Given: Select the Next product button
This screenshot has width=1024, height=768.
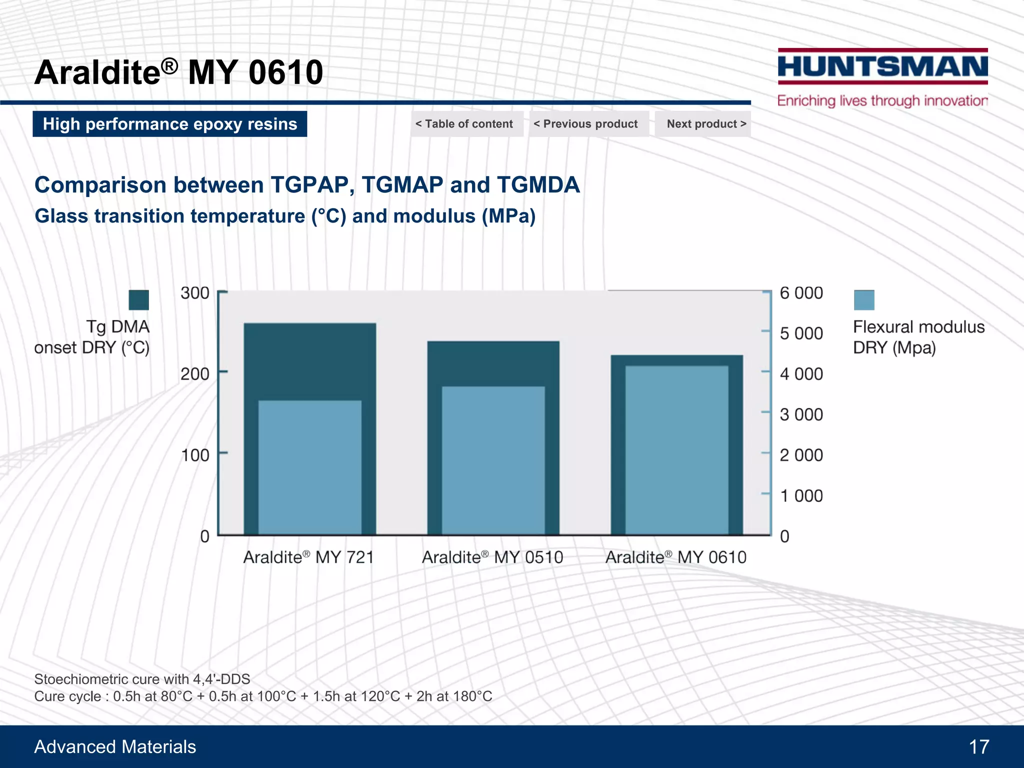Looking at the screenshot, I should click(x=706, y=124).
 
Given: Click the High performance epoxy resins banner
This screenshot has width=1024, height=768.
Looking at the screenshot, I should click(x=170, y=124).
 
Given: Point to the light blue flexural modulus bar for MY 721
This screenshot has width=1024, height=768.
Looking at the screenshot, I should click(x=310, y=467).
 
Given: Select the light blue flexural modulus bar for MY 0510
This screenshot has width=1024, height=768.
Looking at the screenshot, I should click(x=493, y=460).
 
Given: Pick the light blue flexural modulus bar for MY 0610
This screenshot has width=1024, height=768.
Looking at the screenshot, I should click(x=676, y=450).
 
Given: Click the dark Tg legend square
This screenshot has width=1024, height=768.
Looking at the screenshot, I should click(x=138, y=300).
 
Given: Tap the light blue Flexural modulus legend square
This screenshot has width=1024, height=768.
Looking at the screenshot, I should click(x=864, y=300).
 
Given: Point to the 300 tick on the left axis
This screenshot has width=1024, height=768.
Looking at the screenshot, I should click(x=195, y=293).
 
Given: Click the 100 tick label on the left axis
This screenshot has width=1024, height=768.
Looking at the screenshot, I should click(x=195, y=455).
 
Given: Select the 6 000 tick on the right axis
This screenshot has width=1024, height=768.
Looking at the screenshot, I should click(x=801, y=293).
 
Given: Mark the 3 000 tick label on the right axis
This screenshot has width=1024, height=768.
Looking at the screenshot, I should click(x=801, y=414).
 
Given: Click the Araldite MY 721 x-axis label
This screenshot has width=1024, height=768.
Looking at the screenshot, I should click(x=308, y=557).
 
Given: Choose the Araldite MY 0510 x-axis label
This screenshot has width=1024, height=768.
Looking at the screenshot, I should click(x=492, y=557).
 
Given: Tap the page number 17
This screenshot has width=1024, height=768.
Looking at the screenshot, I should click(x=979, y=747).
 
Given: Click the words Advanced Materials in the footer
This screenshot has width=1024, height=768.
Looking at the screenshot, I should click(x=115, y=747).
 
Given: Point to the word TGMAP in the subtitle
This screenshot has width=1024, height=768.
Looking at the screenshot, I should click(x=402, y=185).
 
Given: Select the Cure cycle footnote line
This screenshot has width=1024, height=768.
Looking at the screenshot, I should click(x=263, y=696).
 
